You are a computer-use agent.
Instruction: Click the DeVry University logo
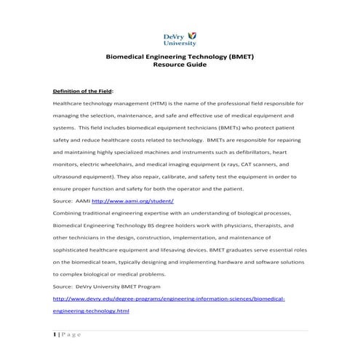[179, 39]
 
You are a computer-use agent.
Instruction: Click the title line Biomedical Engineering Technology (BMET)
[179, 56]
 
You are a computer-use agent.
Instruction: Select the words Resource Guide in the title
[179, 65]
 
